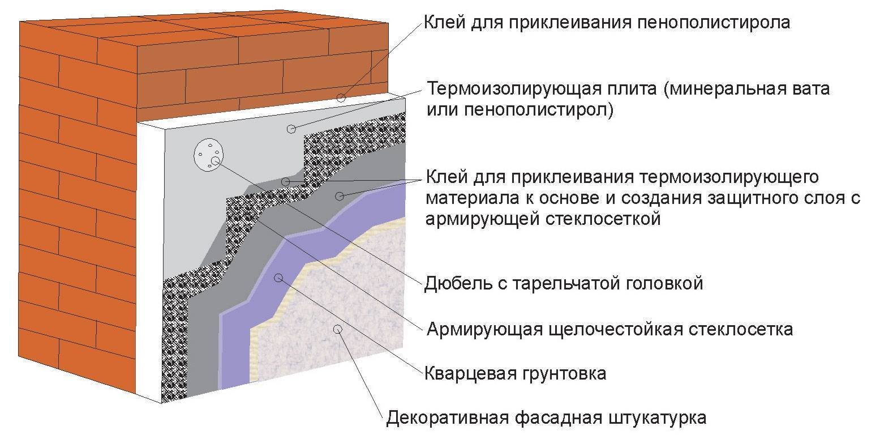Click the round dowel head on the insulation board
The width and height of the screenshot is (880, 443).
209,155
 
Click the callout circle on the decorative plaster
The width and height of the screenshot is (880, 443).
337,329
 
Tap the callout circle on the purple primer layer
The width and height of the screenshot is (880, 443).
278,278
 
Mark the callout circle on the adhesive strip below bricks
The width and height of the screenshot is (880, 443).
341,97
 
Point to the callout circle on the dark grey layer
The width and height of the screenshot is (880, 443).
340,196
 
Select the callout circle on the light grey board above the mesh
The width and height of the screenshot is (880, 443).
291,129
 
